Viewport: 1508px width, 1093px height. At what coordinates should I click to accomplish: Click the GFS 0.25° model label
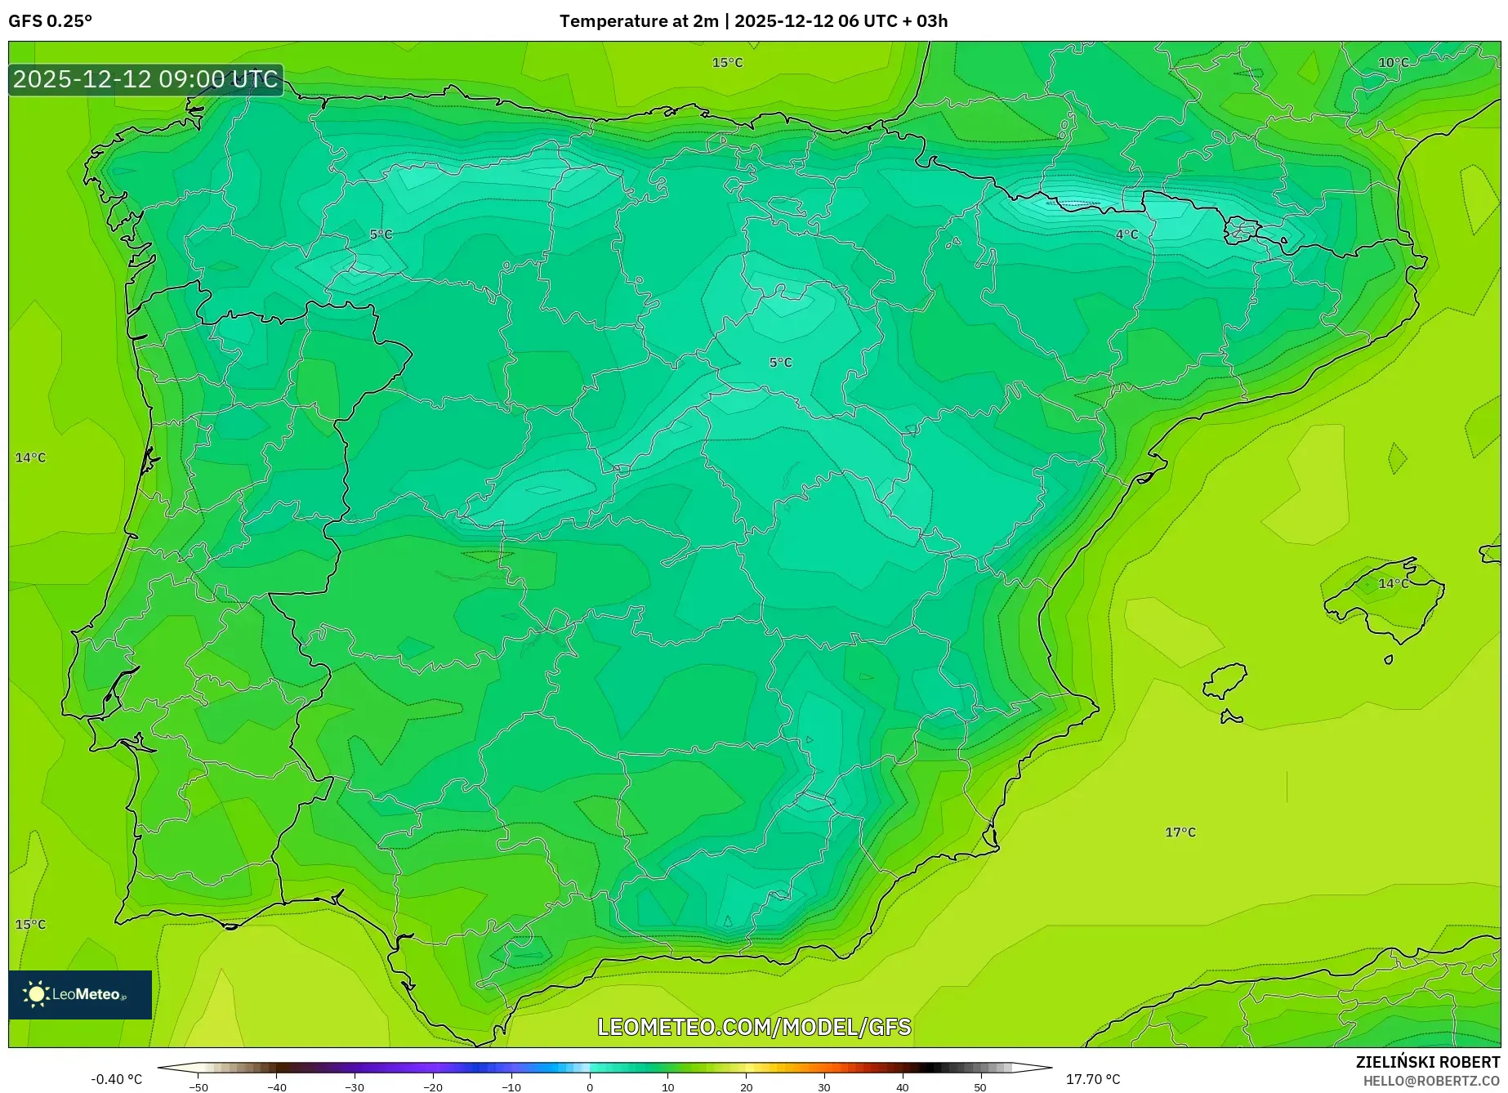coord(50,21)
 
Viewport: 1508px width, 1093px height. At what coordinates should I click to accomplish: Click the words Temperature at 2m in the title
coord(639,21)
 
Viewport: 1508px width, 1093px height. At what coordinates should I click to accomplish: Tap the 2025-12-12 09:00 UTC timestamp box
coord(145,79)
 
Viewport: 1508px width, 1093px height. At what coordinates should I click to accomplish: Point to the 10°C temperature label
coord(1393,63)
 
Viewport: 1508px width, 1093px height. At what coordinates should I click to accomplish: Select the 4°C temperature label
coord(1127,234)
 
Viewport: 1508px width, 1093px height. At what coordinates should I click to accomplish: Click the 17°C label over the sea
coord(1180,832)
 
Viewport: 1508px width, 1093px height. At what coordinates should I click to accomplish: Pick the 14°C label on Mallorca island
coord(1393,583)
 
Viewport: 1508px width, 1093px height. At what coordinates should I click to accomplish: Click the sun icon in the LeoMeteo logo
coord(36,994)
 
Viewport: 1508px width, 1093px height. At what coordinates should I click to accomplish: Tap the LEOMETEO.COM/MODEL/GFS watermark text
coord(754,1027)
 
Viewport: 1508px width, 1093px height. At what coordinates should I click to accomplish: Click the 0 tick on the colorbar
coord(590,1087)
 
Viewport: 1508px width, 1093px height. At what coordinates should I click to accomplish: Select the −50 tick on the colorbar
coord(198,1087)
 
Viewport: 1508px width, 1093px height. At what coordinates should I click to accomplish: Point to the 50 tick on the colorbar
coord(980,1087)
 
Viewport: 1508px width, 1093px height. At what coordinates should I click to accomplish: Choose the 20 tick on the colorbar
coord(746,1087)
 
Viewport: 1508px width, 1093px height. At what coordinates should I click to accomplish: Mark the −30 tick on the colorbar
coord(355,1087)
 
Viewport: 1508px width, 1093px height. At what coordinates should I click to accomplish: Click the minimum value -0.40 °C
coord(116,1079)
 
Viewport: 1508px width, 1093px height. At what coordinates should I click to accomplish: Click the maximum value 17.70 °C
coord(1093,1079)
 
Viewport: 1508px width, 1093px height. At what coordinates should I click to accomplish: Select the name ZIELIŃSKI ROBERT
coord(1428,1063)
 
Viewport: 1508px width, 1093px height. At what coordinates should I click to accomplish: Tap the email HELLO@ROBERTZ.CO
coord(1431,1081)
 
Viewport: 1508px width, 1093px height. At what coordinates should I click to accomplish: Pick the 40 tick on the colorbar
coord(902,1087)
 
